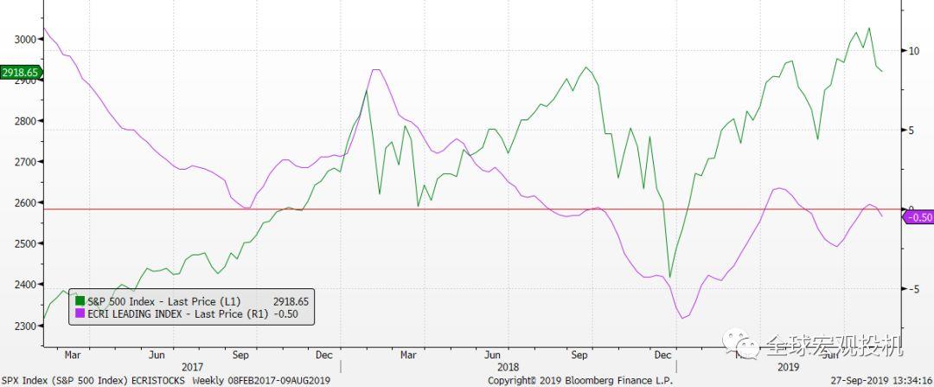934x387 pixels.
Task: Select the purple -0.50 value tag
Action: pos(917,216)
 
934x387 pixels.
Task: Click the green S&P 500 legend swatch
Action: pos(80,300)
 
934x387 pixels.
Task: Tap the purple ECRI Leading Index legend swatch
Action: pos(80,313)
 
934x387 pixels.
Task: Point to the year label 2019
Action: pos(788,367)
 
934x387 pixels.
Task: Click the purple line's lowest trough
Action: pos(683,318)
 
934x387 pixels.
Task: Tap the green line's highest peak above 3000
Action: pos(868,28)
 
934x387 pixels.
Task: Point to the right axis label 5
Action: pos(911,130)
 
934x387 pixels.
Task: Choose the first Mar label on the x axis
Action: pos(73,354)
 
